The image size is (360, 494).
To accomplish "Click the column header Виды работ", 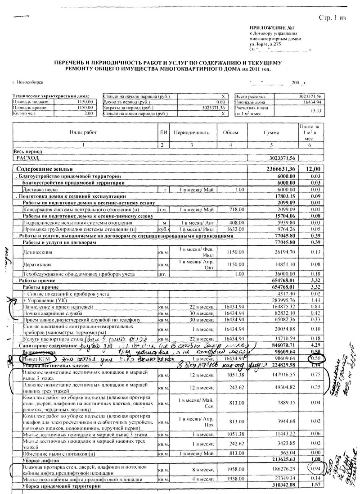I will tap(83, 133).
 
